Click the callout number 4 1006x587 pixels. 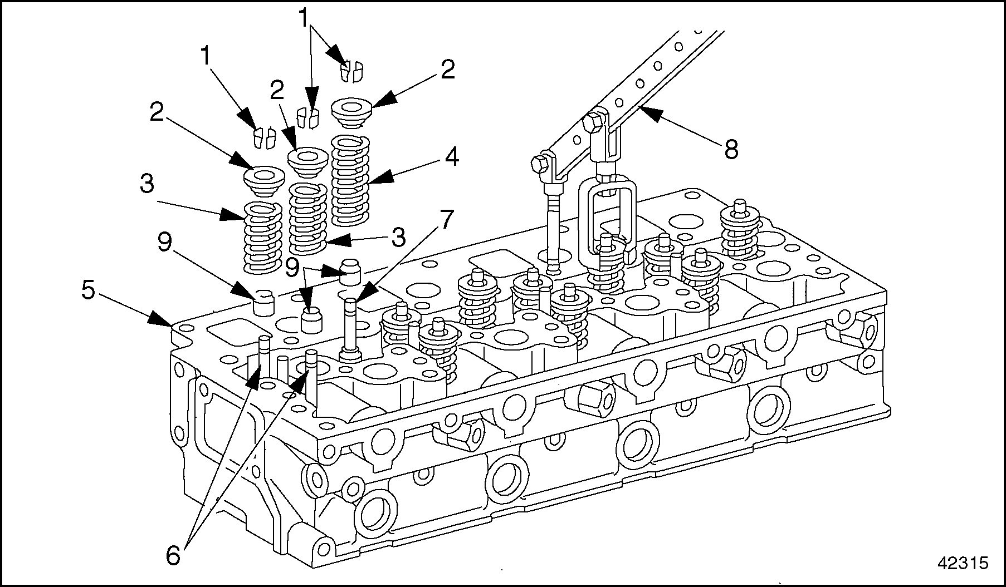coord(451,157)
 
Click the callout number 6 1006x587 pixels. coord(174,555)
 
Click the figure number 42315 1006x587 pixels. coord(963,563)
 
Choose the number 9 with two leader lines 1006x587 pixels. coord(292,267)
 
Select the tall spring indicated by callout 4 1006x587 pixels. coord(351,180)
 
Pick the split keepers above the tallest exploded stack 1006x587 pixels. coord(351,70)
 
